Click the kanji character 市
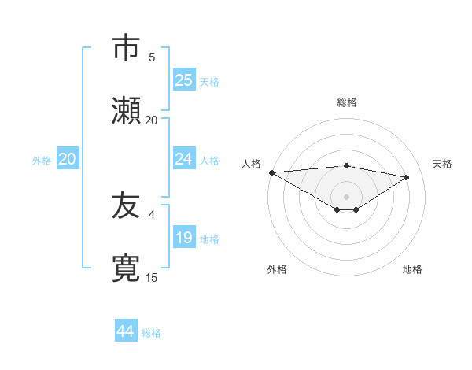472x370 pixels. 126,49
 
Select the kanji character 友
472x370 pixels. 126,205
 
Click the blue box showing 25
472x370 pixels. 184,80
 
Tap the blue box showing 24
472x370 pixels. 184,159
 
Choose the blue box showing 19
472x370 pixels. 184,238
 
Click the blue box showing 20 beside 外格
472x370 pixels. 68,159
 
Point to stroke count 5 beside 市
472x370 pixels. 152,57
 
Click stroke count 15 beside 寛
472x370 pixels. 152,277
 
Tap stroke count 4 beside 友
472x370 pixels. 152,213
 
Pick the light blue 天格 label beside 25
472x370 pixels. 209,81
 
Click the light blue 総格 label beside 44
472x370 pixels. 151,333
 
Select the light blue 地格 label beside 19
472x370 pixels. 209,239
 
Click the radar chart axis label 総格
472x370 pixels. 347,102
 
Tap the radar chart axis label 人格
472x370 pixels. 251,164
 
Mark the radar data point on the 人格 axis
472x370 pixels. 271,172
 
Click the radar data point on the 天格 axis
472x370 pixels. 407,178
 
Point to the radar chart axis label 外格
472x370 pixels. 277,269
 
